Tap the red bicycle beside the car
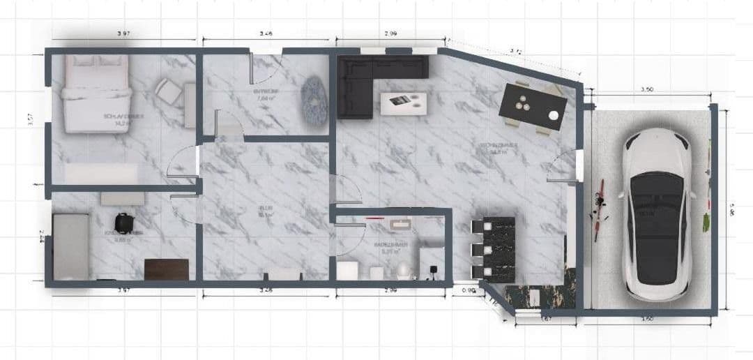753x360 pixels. pos(598,210)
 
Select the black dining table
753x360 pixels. pos(533,107)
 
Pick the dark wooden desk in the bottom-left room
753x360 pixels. pos(167,269)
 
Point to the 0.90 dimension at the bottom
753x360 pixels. pos(469,290)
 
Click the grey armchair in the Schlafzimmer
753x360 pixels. pos(167,90)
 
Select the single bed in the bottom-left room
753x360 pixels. pos(71,246)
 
